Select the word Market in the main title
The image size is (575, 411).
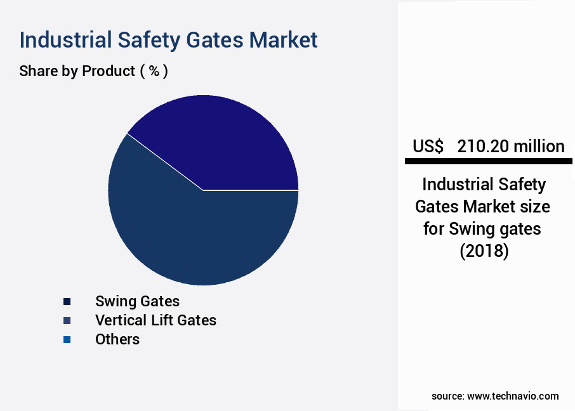(283, 40)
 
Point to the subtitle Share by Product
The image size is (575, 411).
(77, 71)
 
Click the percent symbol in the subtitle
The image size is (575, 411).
(154, 71)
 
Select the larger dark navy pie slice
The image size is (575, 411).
(190, 235)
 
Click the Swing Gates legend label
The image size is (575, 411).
(137, 301)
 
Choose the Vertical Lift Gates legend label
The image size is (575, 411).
(155, 320)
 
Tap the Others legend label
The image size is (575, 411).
(117, 339)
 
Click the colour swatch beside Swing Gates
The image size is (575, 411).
(67, 301)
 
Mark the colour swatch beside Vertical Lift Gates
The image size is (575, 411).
(67, 320)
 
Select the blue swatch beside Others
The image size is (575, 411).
(67, 340)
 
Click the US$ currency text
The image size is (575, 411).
(428, 147)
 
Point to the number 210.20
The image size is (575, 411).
(484, 147)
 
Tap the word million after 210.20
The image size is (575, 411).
(539, 147)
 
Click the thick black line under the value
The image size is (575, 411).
(488, 162)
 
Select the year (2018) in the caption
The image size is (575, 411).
(484, 251)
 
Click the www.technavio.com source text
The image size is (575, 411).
(513, 396)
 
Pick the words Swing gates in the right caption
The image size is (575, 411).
(495, 228)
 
